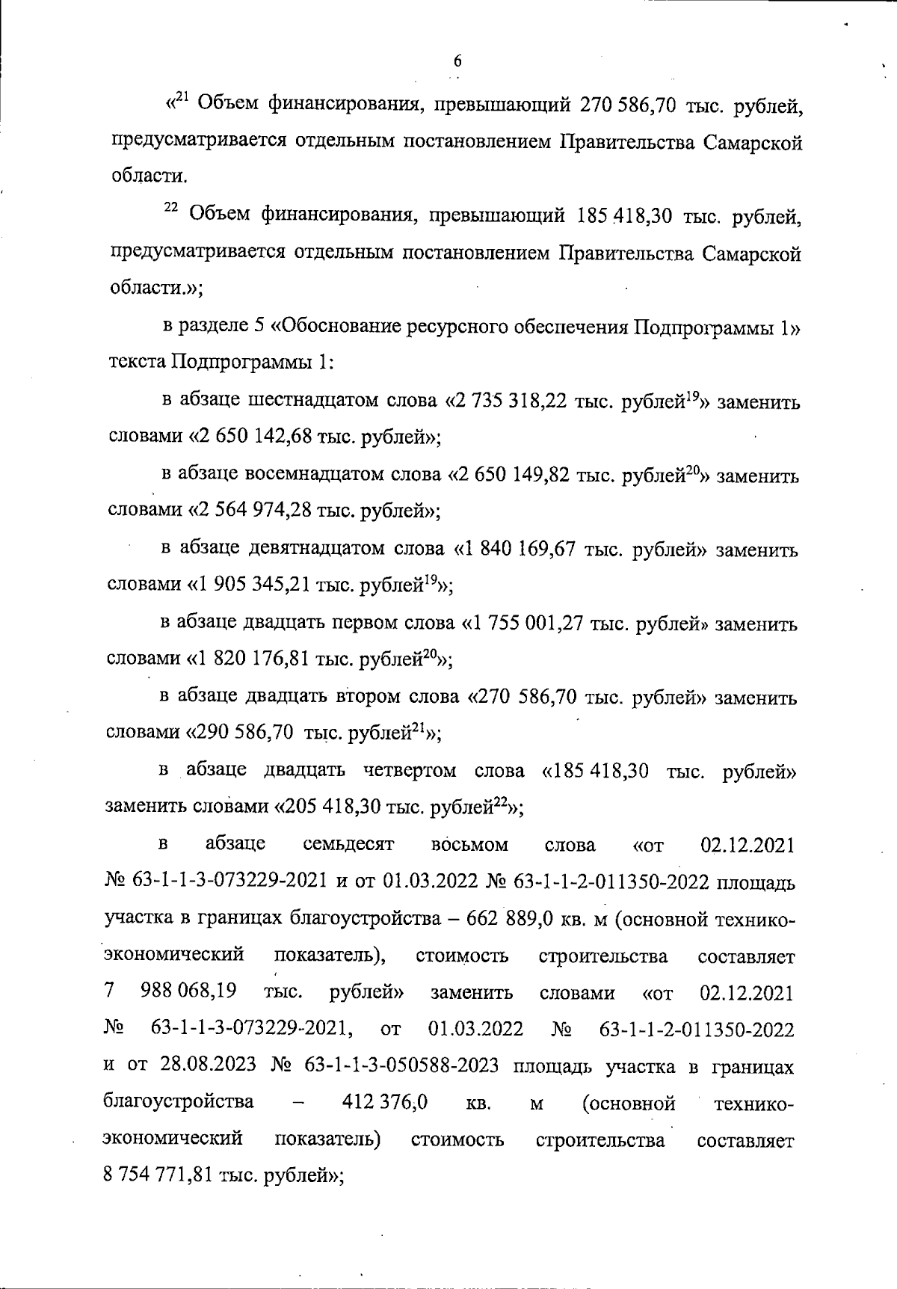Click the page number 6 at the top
(457, 62)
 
